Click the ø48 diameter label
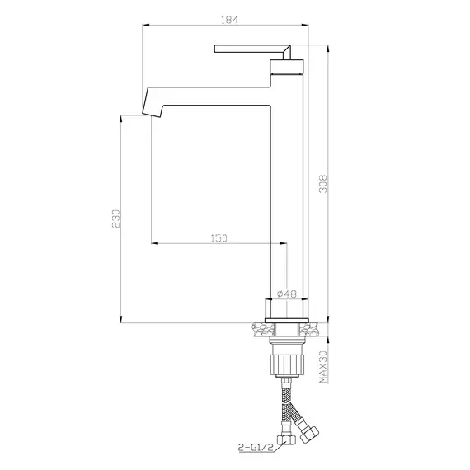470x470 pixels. (288, 293)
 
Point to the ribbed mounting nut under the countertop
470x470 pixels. (288, 363)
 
